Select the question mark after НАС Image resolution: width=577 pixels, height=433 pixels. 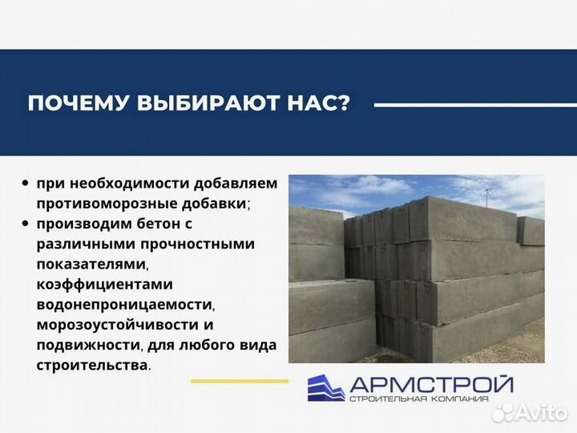click(x=344, y=104)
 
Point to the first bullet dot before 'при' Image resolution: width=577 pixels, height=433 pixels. click(x=27, y=184)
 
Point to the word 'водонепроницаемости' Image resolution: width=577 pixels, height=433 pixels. click(x=125, y=305)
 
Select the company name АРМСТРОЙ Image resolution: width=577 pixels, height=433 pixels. click(x=430, y=383)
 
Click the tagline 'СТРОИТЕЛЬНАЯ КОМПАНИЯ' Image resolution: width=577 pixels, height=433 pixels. click(x=430, y=399)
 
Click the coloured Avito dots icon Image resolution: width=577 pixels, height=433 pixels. click(x=502, y=412)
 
